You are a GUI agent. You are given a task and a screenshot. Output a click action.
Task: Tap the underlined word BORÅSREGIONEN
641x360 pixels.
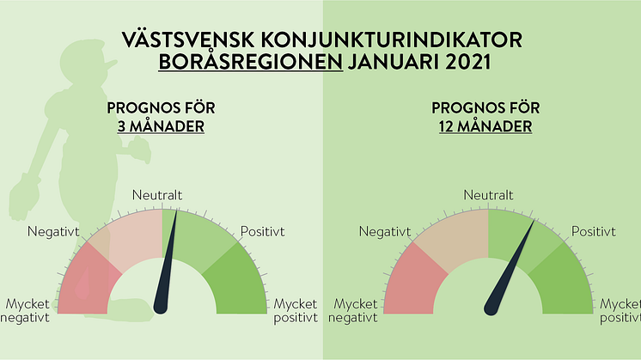coord(251,62)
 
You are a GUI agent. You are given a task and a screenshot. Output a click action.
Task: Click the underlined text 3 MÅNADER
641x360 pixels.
coord(161,126)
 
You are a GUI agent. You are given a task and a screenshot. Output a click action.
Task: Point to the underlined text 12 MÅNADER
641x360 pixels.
coord(485,126)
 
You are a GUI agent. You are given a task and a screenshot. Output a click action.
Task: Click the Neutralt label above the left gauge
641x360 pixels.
coord(157,195)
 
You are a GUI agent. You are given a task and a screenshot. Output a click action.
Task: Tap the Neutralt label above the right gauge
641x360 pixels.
coord(488,195)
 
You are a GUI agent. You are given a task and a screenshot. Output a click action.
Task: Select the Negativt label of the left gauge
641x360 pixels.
coord(53,231)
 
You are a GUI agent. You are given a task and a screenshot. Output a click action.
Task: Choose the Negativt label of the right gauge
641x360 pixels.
coord(385,231)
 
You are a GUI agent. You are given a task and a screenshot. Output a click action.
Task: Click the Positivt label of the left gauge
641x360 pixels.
coord(262,231)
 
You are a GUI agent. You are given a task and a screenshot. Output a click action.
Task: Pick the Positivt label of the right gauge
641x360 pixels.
coord(593,231)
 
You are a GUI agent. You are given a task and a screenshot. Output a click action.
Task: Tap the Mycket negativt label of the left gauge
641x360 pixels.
coord(25,311)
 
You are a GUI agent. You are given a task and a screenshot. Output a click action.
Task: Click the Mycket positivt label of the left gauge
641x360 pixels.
coord(296,311)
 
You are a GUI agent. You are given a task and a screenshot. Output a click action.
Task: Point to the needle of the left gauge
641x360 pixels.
coord(166,265)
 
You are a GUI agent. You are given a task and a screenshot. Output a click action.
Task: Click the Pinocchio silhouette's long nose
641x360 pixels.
coord(107,64)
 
